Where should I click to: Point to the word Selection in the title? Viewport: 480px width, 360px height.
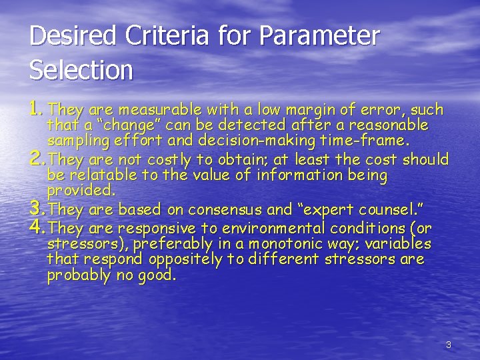point(81,69)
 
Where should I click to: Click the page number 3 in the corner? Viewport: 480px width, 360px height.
point(448,345)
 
